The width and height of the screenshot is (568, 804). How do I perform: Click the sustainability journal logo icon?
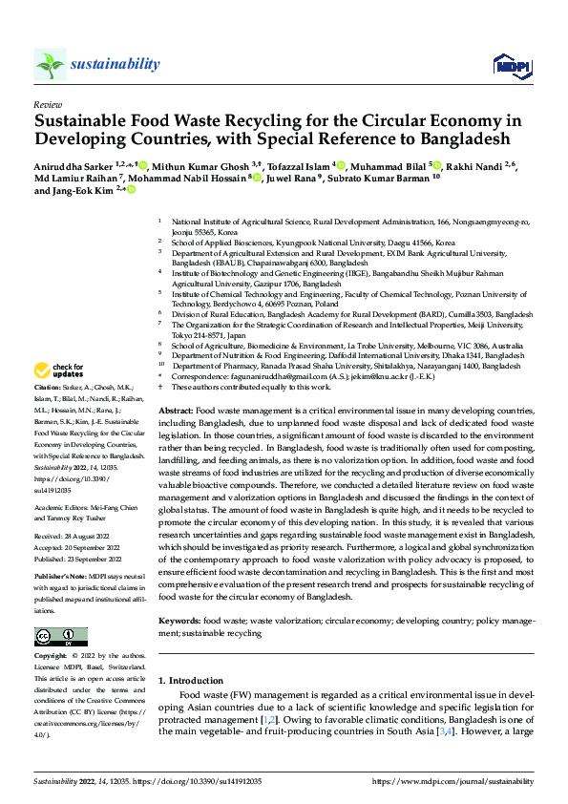(50, 64)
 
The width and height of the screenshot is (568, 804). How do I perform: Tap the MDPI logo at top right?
(509, 65)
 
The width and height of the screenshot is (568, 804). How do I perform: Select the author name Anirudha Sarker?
(73, 166)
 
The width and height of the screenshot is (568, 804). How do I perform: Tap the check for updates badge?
(59, 370)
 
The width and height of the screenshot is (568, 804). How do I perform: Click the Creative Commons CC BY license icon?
(60, 637)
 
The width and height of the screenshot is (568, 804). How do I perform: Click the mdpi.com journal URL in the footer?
(452, 782)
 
